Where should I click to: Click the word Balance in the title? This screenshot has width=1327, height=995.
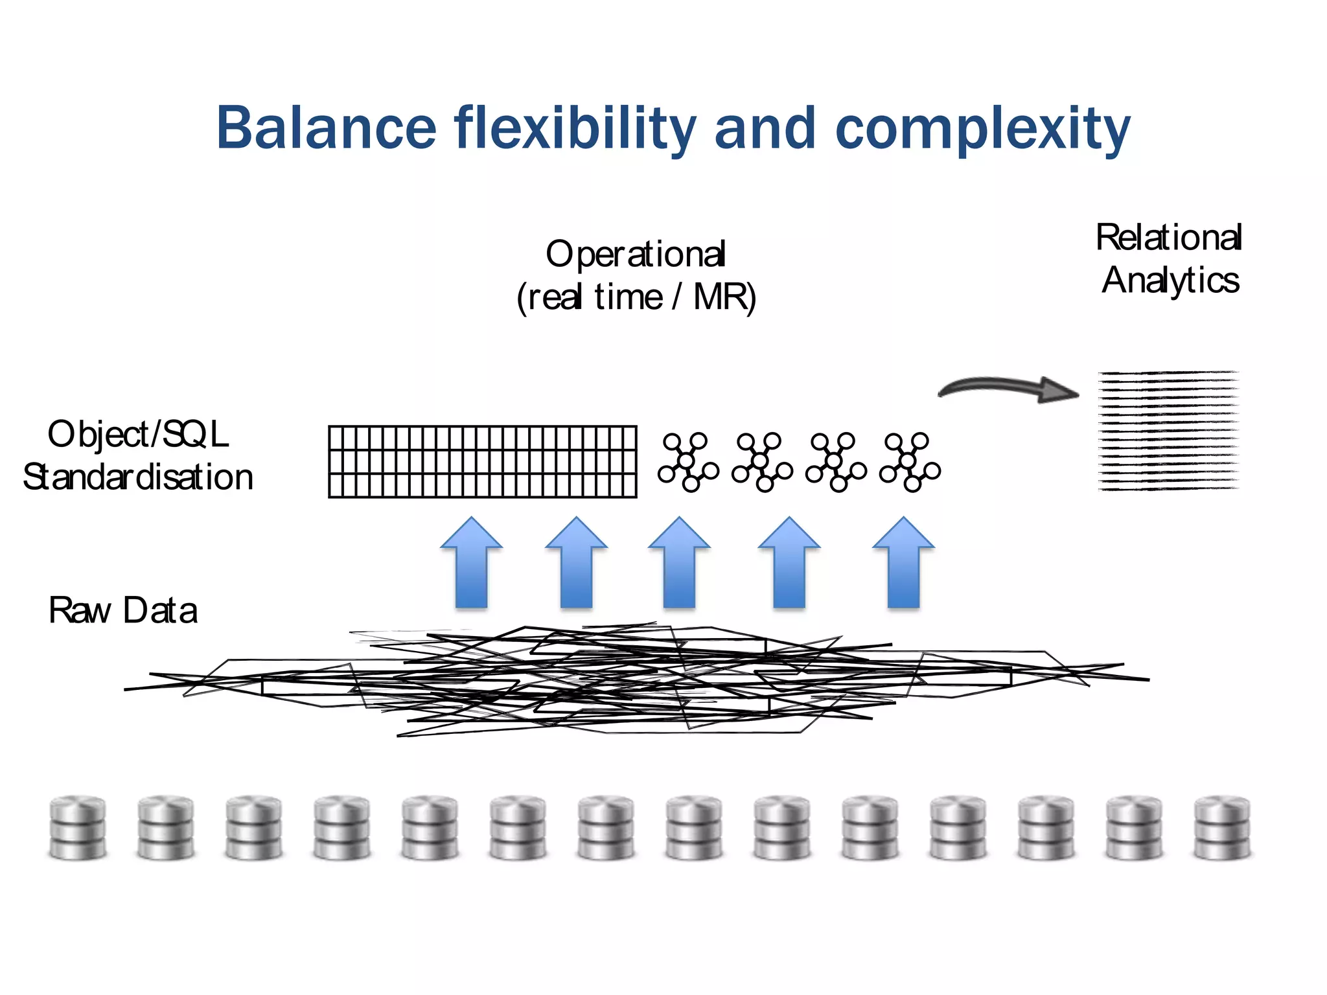[x=326, y=128]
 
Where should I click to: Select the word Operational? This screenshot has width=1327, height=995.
[x=636, y=255]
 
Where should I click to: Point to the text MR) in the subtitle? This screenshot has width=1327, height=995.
[x=724, y=298]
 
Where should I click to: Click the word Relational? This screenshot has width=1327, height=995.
[x=1168, y=238]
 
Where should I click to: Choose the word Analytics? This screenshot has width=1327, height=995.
[x=1170, y=281]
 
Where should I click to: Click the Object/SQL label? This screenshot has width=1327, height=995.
[x=138, y=435]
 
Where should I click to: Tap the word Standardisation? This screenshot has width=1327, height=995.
[x=138, y=478]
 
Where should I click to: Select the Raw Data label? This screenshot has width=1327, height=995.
[x=122, y=611]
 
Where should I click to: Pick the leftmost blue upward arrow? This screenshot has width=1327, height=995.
[x=471, y=563]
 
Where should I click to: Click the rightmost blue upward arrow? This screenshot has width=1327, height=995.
[x=903, y=563]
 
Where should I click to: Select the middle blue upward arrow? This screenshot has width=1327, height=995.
[x=679, y=563]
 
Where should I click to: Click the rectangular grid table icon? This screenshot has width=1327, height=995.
[x=483, y=461]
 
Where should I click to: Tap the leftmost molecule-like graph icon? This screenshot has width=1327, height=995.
[x=688, y=462]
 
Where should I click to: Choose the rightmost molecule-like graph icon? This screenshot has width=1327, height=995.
[x=910, y=462]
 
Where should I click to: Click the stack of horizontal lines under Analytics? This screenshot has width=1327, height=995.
[x=1168, y=431]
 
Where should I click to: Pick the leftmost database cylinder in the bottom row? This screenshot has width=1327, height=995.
[x=78, y=828]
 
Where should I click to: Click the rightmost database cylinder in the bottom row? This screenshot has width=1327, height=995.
[x=1222, y=828]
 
